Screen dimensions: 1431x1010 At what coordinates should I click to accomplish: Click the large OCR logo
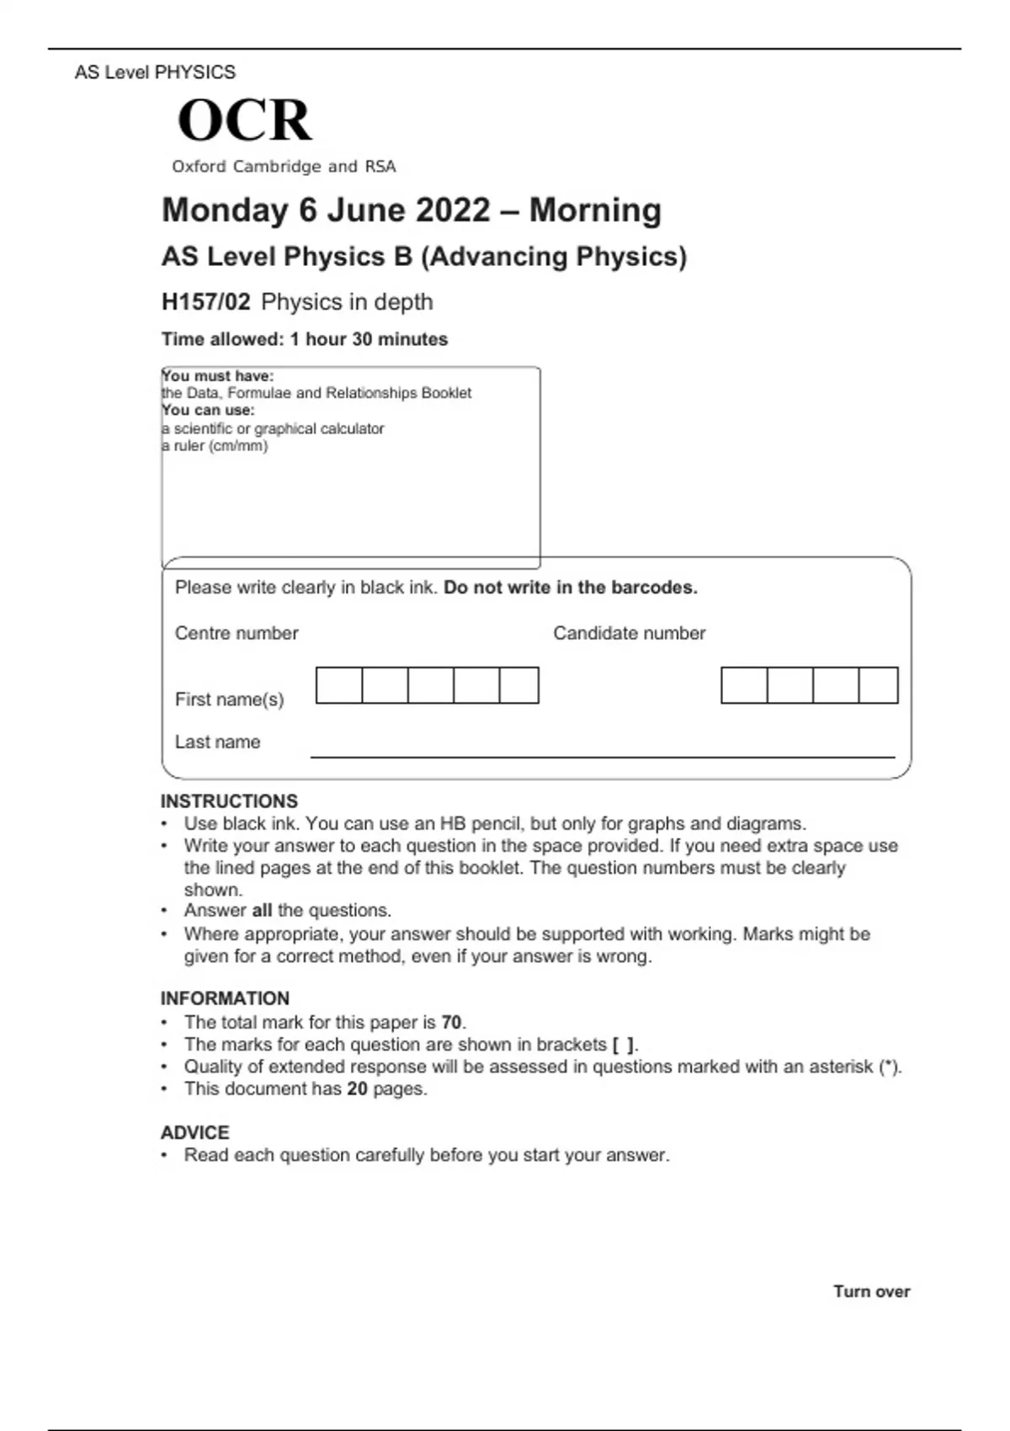(245, 120)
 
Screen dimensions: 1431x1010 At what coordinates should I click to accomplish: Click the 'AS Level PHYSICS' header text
(155, 72)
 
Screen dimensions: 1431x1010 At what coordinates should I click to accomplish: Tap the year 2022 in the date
(453, 210)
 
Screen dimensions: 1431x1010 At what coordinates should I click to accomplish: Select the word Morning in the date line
(595, 210)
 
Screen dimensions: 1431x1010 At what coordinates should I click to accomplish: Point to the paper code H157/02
(206, 302)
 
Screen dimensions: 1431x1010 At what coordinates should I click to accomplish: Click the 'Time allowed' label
(222, 339)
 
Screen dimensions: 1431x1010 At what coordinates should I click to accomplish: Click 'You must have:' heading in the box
(218, 375)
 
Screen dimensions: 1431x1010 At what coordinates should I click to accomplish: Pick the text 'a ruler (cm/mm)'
(215, 446)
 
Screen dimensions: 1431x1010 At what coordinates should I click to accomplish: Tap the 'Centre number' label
(237, 633)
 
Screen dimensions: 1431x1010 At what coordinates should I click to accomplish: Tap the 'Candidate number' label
(629, 633)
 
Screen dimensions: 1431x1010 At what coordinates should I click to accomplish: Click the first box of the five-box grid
(339, 685)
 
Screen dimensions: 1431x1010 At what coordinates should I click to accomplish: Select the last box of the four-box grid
(879, 685)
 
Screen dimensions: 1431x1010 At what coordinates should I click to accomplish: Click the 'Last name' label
(217, 742)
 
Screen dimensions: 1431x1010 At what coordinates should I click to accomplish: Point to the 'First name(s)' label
(229, 700)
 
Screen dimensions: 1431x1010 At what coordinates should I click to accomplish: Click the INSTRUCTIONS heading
(229, 801)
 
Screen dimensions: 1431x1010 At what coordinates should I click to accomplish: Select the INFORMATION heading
(225, 998)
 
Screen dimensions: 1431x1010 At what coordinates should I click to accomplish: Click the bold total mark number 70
(451, 1022)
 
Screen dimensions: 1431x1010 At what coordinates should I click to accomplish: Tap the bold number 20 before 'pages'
(357, 1088)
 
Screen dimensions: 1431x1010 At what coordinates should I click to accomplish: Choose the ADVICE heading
(194, 1132)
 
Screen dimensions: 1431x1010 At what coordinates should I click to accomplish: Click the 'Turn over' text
(871, 1291)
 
